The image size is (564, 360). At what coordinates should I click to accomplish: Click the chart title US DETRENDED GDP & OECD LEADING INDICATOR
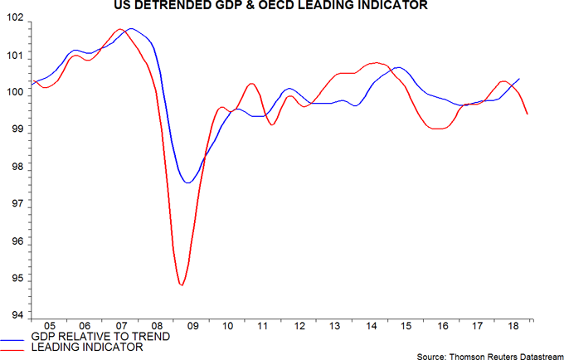pyautogui.click(x=283, y=7)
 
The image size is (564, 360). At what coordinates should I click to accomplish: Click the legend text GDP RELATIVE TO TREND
pyautogui.click(x=100, y=337)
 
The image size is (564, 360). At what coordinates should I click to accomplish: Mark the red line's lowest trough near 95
pyautogui.click(x=181, y=285)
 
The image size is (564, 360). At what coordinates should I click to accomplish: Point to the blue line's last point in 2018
pyautogui.click(x=519, y=79)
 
